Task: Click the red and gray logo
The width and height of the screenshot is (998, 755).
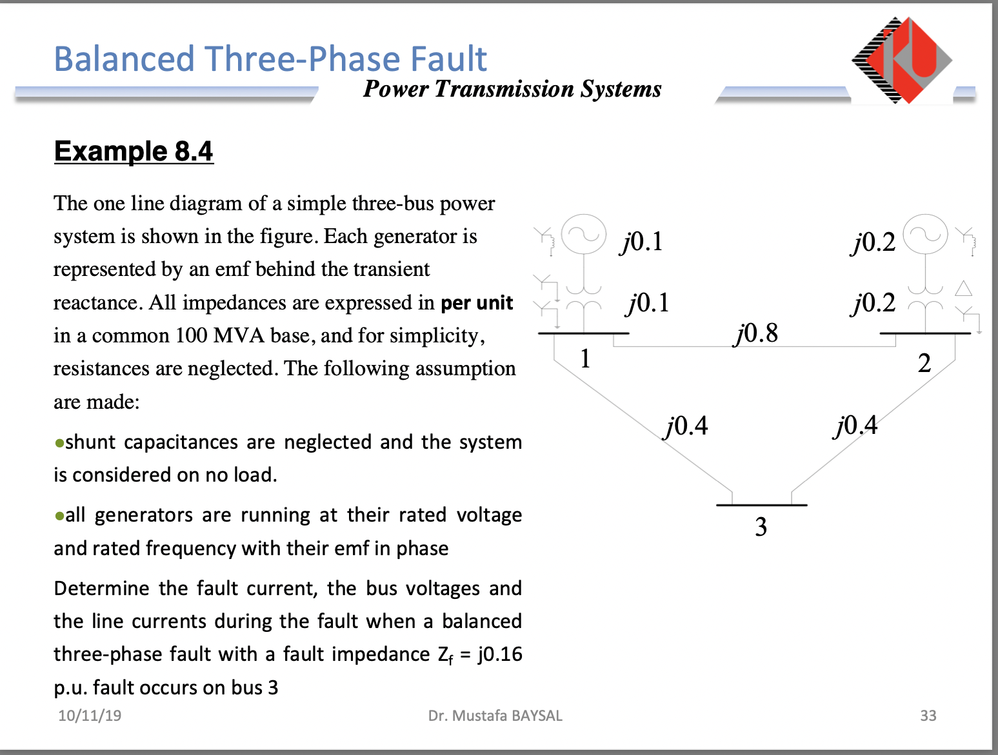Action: [x=903, y=60]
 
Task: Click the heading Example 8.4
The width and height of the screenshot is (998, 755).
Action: [x=134, y=152]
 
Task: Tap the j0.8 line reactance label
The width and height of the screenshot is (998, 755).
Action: [x=756, y=333]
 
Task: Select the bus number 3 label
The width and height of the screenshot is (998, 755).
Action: [x=761, y=527]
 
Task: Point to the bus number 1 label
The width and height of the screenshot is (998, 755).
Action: [x=585, y=358]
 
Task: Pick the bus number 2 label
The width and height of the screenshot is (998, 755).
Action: [x=924, y=364]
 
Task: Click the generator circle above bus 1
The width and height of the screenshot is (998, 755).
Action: [x=584, y=235]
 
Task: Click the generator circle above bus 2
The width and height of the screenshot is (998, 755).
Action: [x=925, y=235]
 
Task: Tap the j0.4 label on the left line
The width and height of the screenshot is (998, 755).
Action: [x=686, y=426]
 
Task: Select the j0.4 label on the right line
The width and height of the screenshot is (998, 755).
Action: [x=855, y=426]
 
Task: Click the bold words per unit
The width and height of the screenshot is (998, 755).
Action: [x=477, y=303]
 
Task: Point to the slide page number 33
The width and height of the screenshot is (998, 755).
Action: [x=928, y=716]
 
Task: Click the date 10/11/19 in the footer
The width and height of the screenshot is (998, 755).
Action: [x=90, y=716]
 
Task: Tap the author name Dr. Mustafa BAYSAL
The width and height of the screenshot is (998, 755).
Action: [x=495, y=716]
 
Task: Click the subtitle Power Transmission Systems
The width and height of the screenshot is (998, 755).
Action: [x=512, y=89]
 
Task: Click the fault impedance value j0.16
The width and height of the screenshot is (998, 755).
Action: [x=500, y=654]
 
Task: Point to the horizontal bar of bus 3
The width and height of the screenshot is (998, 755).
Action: [x=761, y=505]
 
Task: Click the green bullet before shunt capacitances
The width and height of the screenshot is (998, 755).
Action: [x=59, y=444]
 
